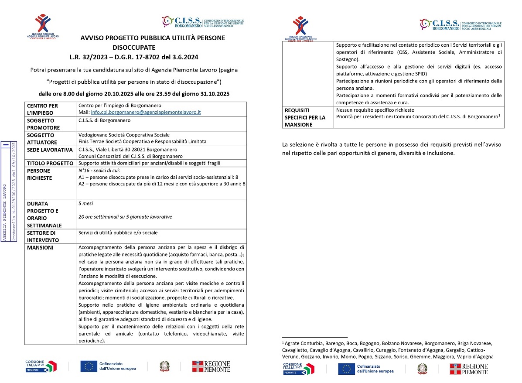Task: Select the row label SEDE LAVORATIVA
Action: click(50, 150)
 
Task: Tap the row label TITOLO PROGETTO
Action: click(50, 164)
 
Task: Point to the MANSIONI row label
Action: click(41, 247)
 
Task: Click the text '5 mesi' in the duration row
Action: click(85, 204)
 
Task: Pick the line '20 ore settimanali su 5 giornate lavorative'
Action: click(125, 217)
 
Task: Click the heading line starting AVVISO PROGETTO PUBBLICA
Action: click(153, 38)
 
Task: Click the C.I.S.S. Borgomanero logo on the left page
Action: click(203, 23)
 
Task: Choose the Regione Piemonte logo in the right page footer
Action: click(468, 369)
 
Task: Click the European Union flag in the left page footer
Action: click(89, 366)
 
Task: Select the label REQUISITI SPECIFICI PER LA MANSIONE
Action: click(305, 117)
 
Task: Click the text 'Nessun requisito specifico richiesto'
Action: click(375, 110)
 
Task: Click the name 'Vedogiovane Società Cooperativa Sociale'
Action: click(124, 135)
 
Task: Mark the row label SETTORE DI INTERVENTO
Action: click(43, 236)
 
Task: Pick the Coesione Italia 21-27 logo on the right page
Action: click(299, 369)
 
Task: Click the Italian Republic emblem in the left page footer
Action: click(164, 366)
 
